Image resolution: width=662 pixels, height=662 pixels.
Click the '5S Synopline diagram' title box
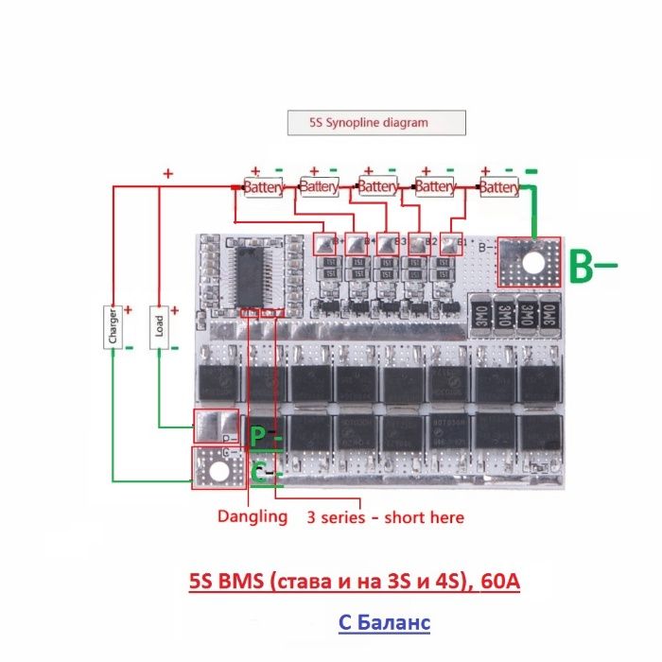point(376,122)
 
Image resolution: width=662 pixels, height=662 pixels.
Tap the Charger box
point(113,326)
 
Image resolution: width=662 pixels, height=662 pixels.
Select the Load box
point(159,326)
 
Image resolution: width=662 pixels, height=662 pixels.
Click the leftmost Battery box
point(263,188)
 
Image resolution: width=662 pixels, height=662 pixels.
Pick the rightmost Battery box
point(498,188)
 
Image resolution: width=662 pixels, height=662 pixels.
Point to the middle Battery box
point(377,188)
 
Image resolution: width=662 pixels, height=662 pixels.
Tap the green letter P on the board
point(257,436)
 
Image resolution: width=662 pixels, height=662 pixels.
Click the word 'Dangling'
point(253,516)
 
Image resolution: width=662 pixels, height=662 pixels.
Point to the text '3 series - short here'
point(385,517)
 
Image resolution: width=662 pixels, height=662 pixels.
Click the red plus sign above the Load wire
point(168,174)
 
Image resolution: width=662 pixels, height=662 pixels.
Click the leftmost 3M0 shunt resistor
point(480,311)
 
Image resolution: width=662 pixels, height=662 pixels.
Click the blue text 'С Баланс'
point(384,623)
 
